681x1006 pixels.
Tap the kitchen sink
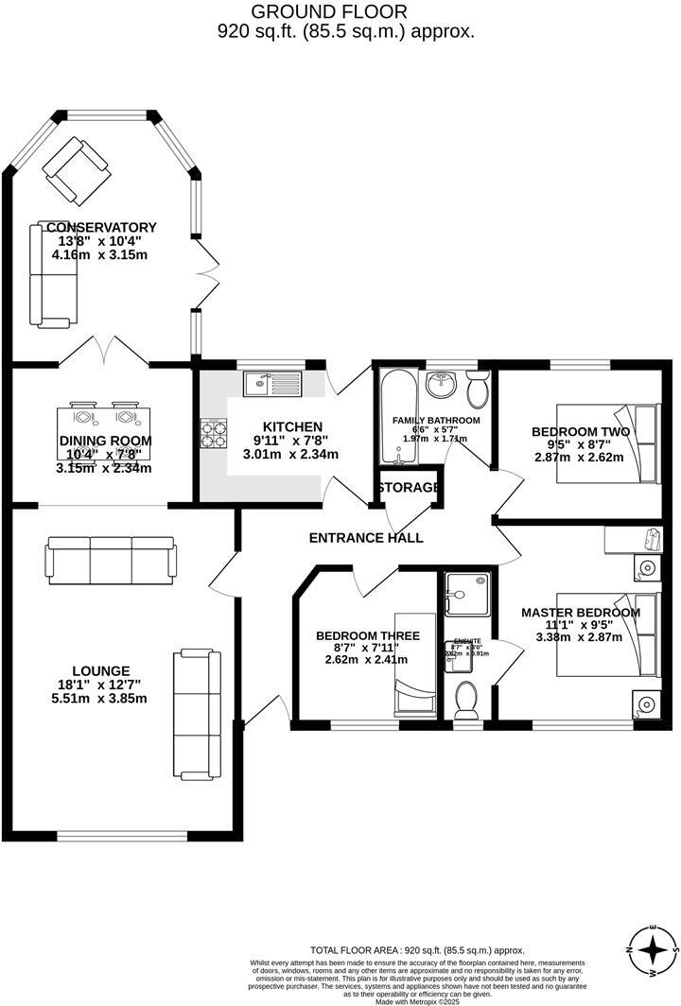pos(271,384)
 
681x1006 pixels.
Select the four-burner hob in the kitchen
pos(214,433)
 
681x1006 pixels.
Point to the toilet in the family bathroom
pos(477,389)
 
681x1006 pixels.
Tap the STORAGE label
pos(409,488)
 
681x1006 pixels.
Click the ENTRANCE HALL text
pos(366,538)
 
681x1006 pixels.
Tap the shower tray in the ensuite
pos(465,595)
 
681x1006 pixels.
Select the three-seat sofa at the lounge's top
pos(111,558)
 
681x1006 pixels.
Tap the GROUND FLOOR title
pos(344,12)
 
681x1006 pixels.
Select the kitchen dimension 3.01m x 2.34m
pos(292,455)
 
